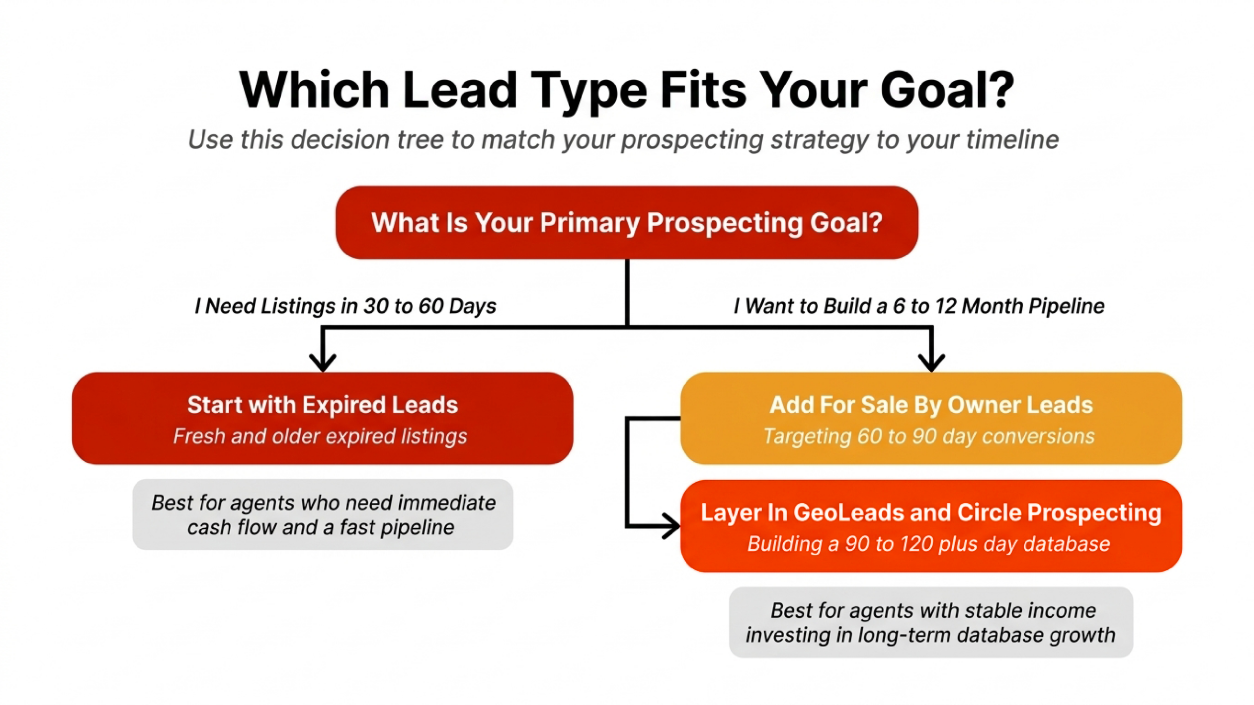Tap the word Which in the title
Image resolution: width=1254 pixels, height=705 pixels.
[314, 91]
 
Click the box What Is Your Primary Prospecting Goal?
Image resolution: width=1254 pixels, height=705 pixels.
[627, 223]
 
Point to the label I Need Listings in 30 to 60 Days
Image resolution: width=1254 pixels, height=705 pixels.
[345, 306]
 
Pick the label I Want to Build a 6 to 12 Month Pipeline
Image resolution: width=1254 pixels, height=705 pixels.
[918, 306]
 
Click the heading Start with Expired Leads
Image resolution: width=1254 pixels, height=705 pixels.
[322, 405]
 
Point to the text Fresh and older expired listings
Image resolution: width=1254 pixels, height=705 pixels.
[320, 436]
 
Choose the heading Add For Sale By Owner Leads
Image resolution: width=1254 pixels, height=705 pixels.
[931, 405]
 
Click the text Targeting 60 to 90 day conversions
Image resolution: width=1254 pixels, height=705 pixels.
[929, 436]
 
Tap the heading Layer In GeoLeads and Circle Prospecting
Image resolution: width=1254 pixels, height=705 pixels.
[931, 513]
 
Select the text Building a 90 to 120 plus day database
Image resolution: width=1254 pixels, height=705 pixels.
[928, 544]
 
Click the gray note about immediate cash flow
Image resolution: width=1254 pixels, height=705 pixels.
[323, 515]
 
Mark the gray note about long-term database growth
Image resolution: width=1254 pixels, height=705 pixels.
[931, 622]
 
